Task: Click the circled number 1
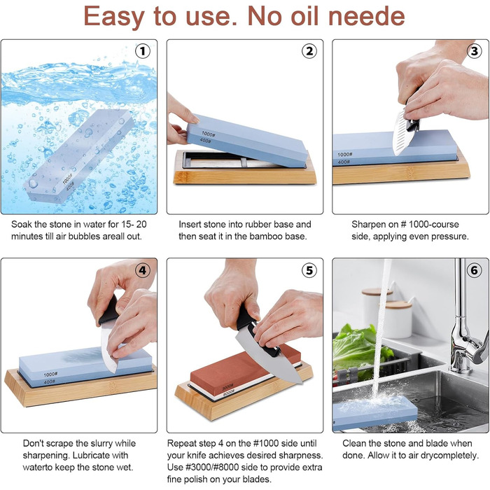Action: click(x=143, y=51)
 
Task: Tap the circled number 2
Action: click(x=309, y=51)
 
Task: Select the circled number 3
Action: click(x=475, y=51)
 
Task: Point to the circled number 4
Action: click(x=143, y=270)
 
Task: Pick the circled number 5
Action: click(x=309, y=270)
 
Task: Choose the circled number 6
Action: click(x=475, y=270)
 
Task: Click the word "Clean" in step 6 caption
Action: click(x=355, y=443)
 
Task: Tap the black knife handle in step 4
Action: click(x=108, y=310)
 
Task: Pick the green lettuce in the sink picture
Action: click(x=358, y=347)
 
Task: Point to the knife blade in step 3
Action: click(x=400, y=134)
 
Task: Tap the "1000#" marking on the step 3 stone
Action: click(x=345, y=155)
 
